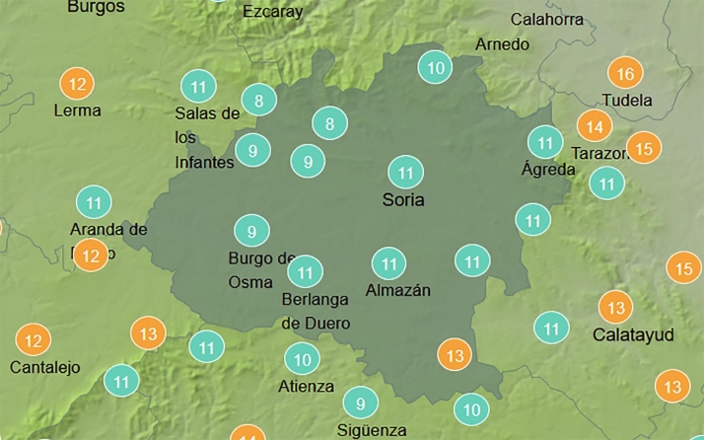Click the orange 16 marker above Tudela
625,74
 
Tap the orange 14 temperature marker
594,126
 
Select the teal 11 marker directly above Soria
405,173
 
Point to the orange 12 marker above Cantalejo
34,341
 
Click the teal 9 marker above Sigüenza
361,403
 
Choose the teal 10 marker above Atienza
302,359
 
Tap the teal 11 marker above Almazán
388,263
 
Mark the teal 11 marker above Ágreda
544,142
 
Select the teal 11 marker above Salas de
199,86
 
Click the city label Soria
403,200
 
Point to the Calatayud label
633,335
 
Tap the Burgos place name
96,7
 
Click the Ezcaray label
271,13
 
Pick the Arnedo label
502,44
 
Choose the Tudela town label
627,100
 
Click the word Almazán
398,290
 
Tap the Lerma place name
77,110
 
